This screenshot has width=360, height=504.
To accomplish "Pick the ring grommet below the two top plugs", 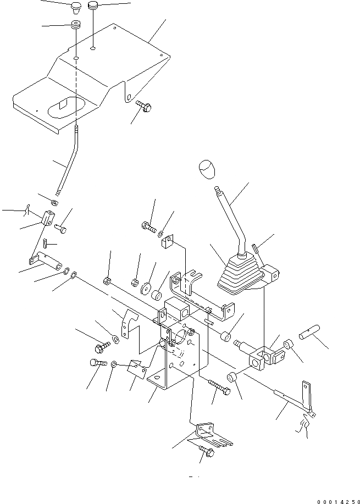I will point(75,26).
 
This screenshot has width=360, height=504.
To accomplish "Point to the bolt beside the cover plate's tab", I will point(142,106).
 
